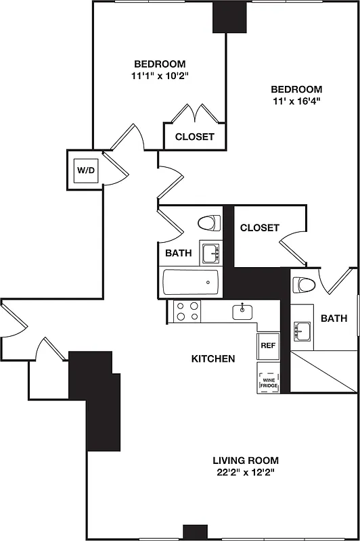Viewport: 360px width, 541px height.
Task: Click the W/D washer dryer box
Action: point(87,171)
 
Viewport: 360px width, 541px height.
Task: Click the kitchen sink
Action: point(242,312)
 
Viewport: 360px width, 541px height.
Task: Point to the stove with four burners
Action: point(188,312)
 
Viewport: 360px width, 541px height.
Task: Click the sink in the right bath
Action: point(302,331)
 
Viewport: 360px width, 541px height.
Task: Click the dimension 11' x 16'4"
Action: point(296,101)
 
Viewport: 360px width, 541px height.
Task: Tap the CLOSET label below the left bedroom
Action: point(195,137)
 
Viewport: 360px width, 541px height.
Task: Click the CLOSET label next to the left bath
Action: point(259,228)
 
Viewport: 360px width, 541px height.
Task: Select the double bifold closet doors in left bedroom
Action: point(195,112)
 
